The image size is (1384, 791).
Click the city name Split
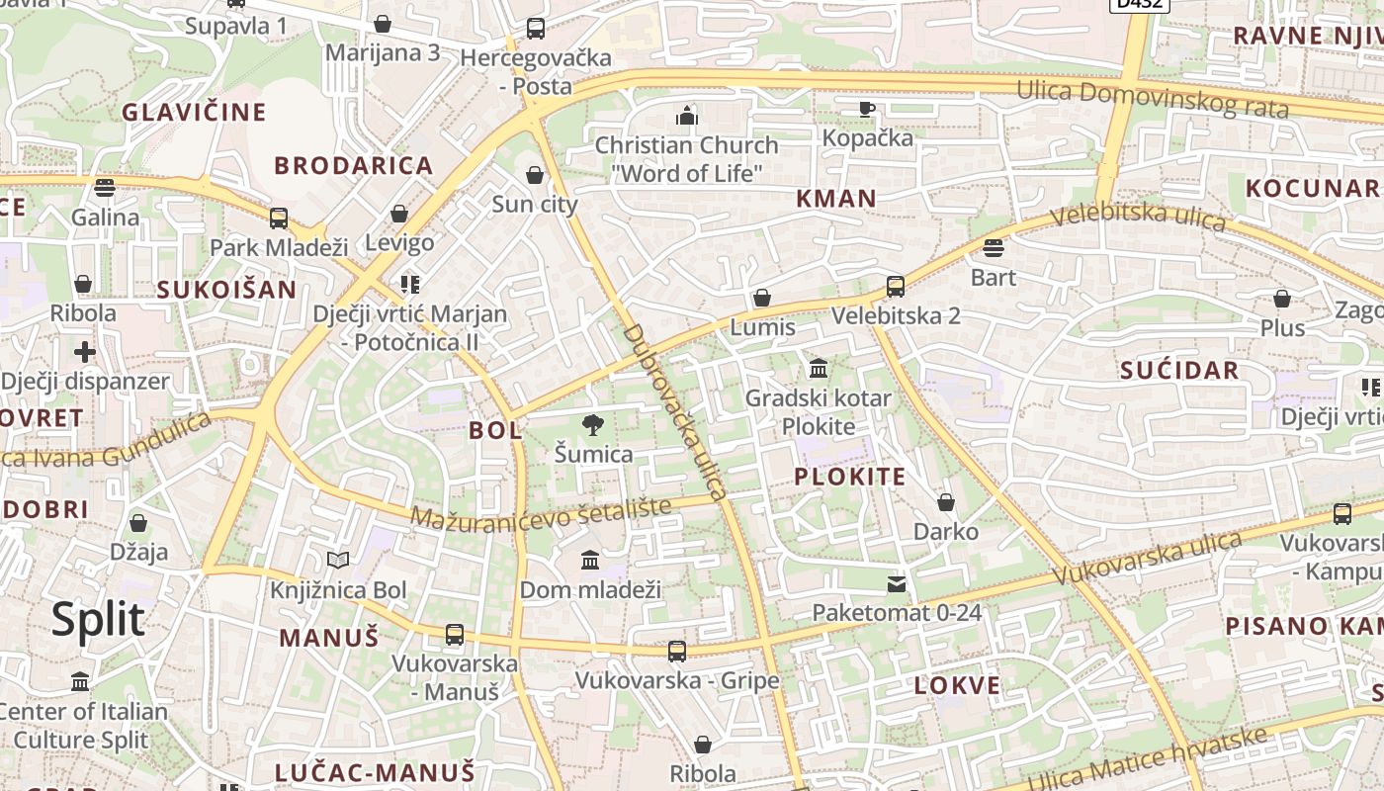tap(98, 620)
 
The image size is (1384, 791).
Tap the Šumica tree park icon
tap(593, 425)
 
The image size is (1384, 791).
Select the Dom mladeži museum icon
tap(590, 561)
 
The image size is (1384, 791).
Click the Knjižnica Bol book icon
tap(338, 561)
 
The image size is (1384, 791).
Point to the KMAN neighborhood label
tap(836, 199)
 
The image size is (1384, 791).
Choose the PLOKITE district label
tap(850, 477)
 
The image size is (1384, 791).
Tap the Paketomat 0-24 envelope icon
tap(897, 583)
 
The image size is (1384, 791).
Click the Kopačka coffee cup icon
tap(867, 109)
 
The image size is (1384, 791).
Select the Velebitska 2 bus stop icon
tap(896, 287)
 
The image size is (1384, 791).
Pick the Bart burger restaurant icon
tap(994, 247)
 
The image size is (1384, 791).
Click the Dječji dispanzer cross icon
tap(85, 351)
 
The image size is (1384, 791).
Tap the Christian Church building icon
tap(687, 116)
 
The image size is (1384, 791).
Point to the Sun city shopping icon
tap(535, 175)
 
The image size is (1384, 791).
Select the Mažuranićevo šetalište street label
tap(540, 513)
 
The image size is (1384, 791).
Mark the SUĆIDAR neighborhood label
tap(1179, 371)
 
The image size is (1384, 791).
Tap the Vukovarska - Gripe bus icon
tap(677, 652)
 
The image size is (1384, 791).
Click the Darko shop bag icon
tap(946, 502)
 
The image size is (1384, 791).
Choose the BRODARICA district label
tap(354, 165)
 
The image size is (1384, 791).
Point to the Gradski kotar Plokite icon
tap(819, 369)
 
